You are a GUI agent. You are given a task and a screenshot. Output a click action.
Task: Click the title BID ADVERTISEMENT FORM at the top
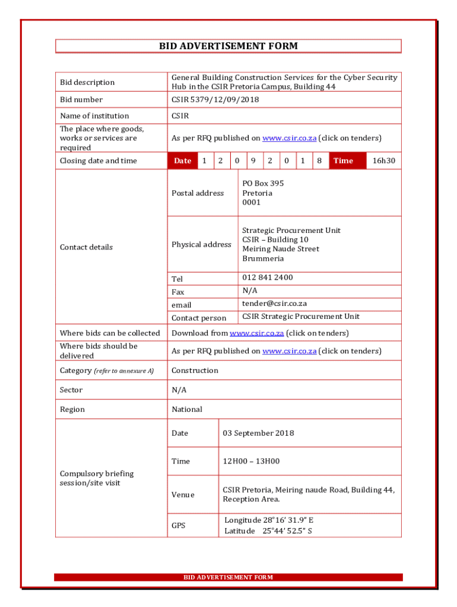pos(228,46)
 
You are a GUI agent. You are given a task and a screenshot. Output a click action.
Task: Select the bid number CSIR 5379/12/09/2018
pos(215,100)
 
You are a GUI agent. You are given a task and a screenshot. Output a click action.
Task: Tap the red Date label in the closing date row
pos(183,161)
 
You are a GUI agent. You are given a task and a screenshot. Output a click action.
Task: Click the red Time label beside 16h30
pos(343,161)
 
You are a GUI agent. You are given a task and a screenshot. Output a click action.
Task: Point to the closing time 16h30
pos(383,161)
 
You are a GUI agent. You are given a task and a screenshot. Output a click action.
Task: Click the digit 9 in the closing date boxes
pos(253,161)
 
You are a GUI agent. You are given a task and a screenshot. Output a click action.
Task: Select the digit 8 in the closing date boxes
pos(319,161)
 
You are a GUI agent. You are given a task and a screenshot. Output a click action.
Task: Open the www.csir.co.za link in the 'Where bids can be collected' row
pos(256,333)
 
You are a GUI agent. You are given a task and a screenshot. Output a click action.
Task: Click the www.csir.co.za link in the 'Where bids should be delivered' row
pos(289,351)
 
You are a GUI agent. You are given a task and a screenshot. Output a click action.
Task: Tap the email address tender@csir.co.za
pos(274,303)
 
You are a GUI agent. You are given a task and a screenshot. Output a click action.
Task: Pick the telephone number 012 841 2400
pos(267,277)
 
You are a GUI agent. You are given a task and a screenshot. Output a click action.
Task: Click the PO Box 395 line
pos(263,184)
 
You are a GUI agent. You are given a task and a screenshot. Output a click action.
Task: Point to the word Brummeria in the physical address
pos(263,258)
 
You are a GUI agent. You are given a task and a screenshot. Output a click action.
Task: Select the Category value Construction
pos(195,370)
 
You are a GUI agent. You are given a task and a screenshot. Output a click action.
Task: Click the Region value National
pos(187,410)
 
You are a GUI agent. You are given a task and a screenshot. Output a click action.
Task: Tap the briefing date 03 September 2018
pos(258,433)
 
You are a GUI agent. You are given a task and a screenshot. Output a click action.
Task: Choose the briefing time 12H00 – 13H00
pos(251,461)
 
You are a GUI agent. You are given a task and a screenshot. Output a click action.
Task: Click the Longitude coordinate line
pos(269,520)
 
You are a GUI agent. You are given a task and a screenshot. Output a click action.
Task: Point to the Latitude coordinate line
pos(268,531)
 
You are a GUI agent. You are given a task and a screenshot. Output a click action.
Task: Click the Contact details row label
pos(86,247)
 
